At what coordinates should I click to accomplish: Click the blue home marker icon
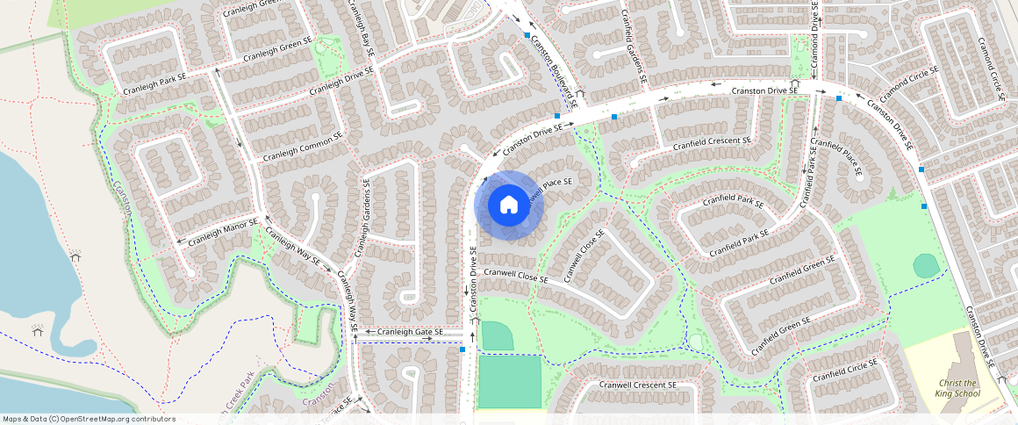tap(508, 205)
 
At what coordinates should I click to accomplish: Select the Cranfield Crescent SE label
tap(712, 142)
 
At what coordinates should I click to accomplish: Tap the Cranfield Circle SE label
tap(844, 371)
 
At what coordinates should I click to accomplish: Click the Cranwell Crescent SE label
tap(637, 385)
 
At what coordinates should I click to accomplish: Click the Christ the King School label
tap(957, 389)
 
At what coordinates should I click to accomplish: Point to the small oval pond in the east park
tap(925, 265)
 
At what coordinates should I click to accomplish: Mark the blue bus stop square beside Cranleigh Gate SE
tap(462, 350)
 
